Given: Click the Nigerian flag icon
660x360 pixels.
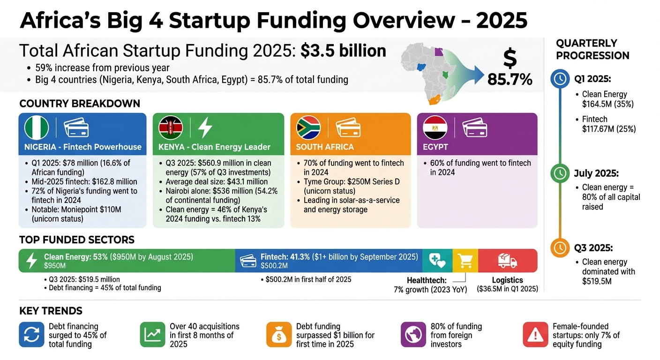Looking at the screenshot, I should tap(37, 127).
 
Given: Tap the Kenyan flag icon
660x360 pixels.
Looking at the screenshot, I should tap(171, 127).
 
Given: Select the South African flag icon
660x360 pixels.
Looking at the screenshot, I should tap(308, 127).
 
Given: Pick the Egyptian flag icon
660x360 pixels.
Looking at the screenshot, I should tap(435, 127).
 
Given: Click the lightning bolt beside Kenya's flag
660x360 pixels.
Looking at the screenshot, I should tap(205, 127).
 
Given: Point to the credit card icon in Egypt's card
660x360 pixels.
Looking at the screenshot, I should tap(474, 127).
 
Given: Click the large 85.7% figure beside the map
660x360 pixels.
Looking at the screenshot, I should tap(510, 79).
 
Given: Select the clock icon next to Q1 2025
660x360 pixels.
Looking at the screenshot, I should tap(559, 79).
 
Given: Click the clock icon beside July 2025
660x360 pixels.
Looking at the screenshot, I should tap(559, 173).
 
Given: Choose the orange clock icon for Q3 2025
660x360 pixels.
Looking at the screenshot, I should tap(559, 247).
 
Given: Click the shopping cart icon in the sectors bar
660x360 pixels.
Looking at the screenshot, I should tap(465, 261).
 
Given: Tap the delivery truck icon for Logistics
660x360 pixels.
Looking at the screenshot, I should tap(507, 261).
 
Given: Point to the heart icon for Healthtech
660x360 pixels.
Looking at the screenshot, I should tap(437, 261).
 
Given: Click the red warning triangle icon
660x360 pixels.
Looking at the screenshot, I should tap(535, 334).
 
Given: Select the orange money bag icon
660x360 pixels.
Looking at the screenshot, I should tap(278, 335).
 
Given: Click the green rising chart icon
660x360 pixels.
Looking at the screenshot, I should tap(152, 334).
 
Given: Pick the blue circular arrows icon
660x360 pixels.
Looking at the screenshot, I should tap(31, 334).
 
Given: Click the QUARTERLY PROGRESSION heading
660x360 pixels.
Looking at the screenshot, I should tap(592, 49).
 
